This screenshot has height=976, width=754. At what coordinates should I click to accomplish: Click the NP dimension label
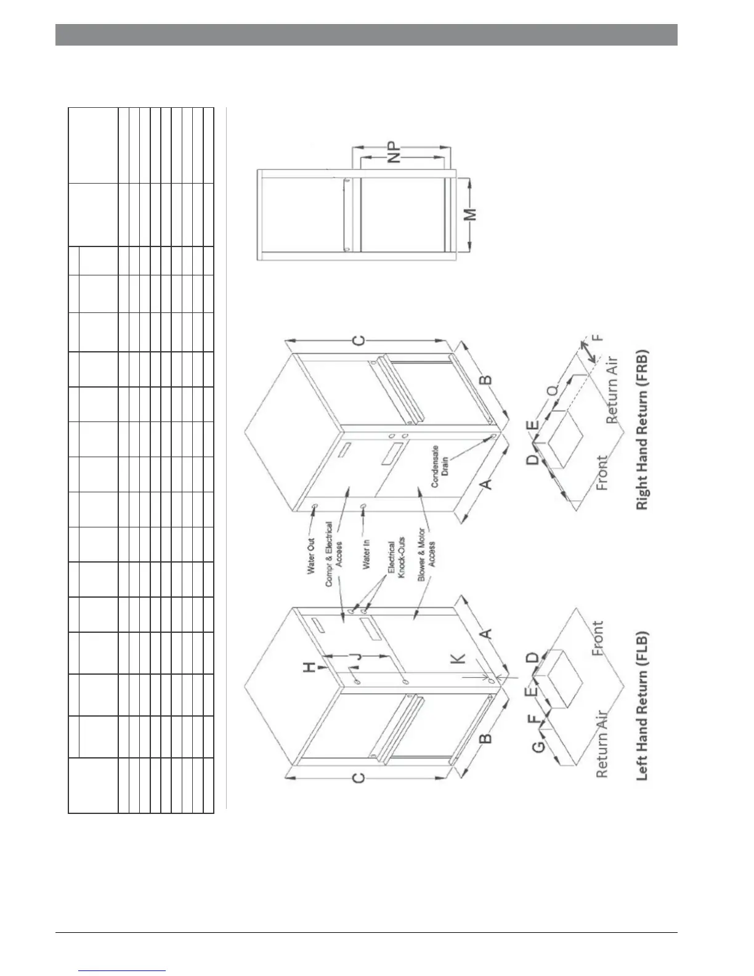(x=394, y=149)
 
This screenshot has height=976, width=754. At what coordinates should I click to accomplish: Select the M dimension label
(x=469, y=214)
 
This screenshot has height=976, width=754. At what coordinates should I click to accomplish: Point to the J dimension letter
(x=356, y=661)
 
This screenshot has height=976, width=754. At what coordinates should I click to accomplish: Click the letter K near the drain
(x=458, y=659)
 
